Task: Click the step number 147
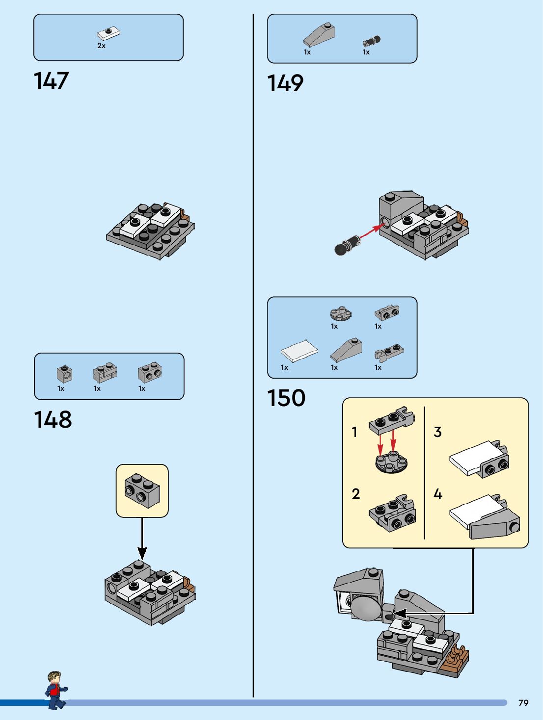(x=52, y=81)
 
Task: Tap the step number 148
(x=53, y=420)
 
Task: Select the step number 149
(x=285, y=83)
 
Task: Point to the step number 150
(x=286, y=398)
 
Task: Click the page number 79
(x=523, y=703)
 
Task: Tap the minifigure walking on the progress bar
(x=56, y=690)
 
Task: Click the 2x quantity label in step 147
(x=102, y=46)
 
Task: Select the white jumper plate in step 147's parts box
(x=109, y=34)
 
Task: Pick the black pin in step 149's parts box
(x=372, y=41)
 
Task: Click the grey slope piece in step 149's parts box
(x=320, y=34)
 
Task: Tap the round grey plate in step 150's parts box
(x=340, y=313)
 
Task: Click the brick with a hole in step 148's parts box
(x=64, y=374)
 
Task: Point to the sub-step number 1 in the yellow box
(x=354, y=432)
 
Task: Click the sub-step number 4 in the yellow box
(x=438, y=494)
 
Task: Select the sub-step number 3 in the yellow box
(x=438, y=432)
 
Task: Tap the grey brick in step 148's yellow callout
(x=142, y=490)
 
